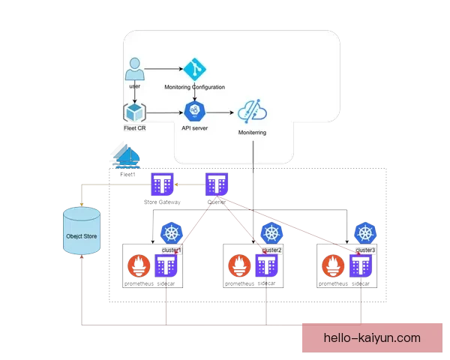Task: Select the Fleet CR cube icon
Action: tap(134, 112)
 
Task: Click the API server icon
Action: tap(194, 112)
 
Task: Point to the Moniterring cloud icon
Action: tap(253, 113)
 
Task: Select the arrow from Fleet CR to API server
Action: tap(164, 113)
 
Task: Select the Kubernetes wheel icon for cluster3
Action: tap(366, 232)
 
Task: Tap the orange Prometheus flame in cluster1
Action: tap(140, 267)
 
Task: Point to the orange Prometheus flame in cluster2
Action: tap(238, 267)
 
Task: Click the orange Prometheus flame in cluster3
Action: tap(333, 267)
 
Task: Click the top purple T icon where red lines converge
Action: tap(217, 183)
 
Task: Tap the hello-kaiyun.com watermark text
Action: tap(372, 338)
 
